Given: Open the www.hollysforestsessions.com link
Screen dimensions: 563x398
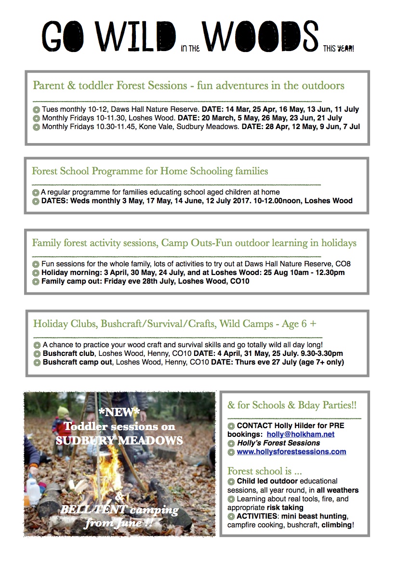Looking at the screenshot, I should (291, 452).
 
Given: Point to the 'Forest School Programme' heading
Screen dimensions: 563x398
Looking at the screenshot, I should (150, 171).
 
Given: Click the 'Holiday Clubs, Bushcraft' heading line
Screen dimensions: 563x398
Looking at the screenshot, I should (174, 324).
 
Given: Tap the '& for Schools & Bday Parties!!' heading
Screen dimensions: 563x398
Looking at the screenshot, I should (292, 405).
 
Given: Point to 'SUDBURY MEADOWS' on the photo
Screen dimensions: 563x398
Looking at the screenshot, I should (119, 440).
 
